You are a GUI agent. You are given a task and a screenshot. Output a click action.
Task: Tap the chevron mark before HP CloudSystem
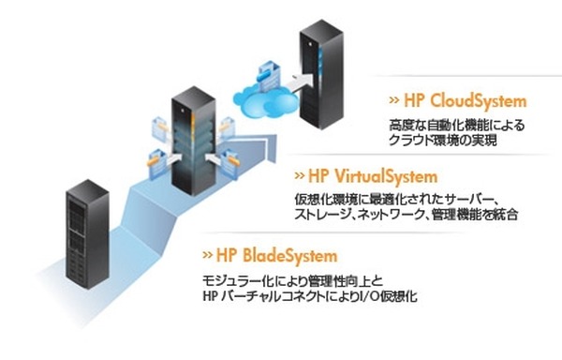[395, 100]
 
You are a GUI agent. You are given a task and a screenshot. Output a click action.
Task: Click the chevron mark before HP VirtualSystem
[300, 175]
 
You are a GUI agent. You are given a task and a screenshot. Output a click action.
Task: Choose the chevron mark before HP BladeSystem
[207, 255]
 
